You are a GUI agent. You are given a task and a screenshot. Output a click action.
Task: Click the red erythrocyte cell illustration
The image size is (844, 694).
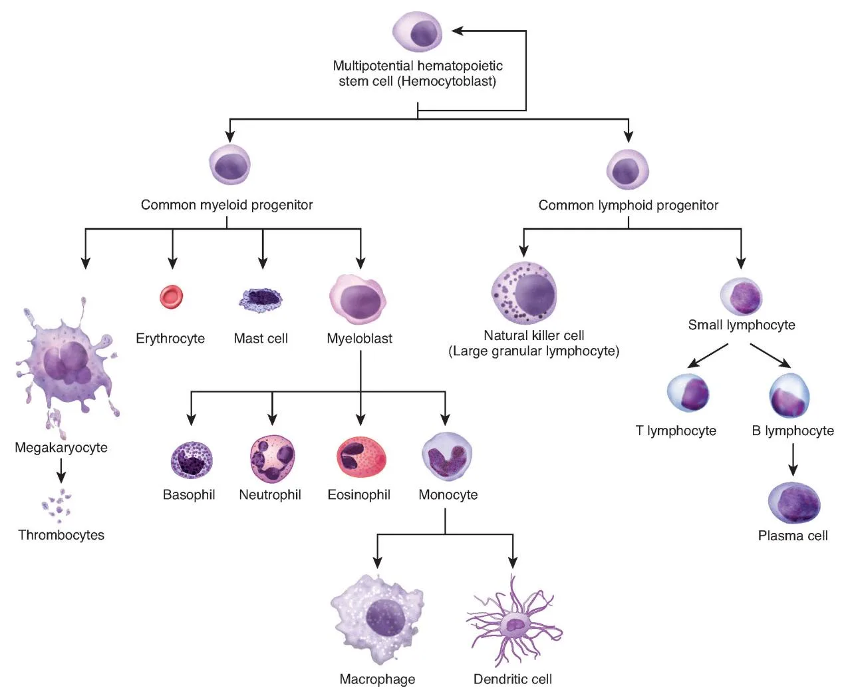click(x=171, y=297)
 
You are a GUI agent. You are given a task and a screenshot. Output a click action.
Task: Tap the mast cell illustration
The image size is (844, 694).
click(x=260, y=300)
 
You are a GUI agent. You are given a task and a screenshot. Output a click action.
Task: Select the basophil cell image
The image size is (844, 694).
click(x=192, y=460)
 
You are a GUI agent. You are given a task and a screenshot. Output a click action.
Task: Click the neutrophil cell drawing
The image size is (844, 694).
click(x=272, y=459)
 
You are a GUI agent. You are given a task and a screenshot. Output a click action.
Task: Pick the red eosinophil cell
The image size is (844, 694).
click(x=360, y=457)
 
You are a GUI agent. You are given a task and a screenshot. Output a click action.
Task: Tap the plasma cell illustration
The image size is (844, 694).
click(x=793, y=503)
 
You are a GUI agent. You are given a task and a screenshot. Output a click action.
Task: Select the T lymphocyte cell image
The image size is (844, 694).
click(x=688, y=393)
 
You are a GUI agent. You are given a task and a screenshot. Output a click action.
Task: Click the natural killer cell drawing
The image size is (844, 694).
click(x=524, y=293)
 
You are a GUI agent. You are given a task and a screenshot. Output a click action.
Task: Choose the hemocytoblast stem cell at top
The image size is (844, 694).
click(x=418, y=32)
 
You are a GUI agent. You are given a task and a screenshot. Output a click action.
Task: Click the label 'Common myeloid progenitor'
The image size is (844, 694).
click(x=226, y=205)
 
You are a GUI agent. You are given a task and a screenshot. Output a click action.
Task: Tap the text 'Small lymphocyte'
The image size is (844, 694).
click(x=741, y=325)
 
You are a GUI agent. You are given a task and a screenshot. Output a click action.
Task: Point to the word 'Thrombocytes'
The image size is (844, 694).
click(x=61, y=535)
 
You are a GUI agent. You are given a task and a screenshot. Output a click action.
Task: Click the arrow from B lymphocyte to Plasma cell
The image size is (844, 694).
click(x=792, y=459)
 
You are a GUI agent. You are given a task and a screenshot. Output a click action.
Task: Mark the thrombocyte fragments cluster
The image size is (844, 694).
click(x=57, y=504)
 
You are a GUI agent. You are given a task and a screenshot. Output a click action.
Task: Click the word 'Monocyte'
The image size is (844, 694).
click(x=448, y=495)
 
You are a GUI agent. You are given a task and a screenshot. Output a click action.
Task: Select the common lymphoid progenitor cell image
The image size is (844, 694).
click(x=627, y=170)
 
